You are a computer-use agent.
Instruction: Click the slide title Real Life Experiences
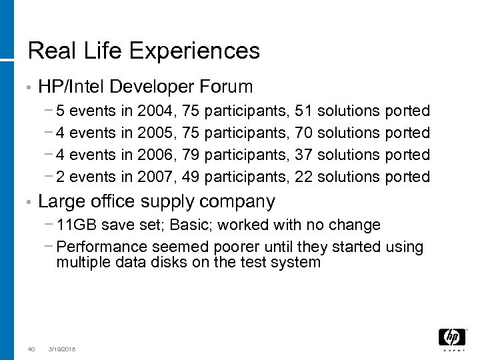tap(143, 50)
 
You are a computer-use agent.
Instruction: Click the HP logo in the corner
tap(452, 338)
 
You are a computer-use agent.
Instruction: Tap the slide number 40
tap(31, 349)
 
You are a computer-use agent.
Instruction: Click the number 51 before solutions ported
tap(307, 109)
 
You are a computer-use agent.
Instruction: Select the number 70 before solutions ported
tap(307, 132)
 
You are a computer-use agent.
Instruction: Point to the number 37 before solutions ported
tap(307, 155)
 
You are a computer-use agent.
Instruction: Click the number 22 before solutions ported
tap(307, 177)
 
